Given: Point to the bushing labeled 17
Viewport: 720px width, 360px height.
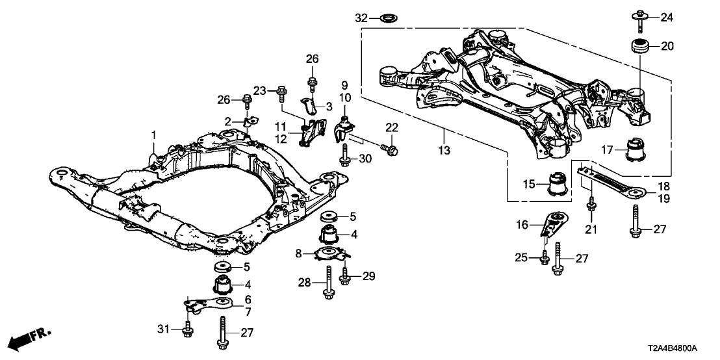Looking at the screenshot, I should (636, 152).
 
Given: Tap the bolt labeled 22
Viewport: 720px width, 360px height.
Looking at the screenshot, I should (392, 150).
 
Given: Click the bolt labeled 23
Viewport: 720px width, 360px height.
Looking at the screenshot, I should (281, 95).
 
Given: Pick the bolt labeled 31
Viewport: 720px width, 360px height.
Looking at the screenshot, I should (188, 329).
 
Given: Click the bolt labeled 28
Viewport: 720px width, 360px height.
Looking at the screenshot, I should (328, 286).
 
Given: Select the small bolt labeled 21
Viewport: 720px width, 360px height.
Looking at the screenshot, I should (591, 205).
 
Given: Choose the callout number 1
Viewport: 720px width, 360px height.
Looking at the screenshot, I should (154, 135).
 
